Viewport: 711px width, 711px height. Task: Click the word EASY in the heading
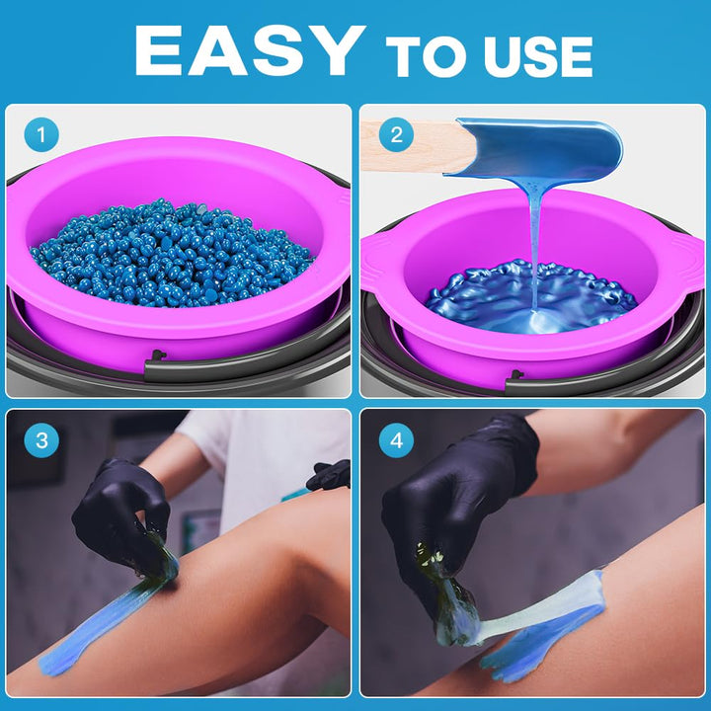(249, 50)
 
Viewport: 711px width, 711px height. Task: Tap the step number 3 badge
(41, 440)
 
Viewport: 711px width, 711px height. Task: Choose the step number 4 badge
(396, 440)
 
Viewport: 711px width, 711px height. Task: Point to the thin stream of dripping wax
(534, 247)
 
